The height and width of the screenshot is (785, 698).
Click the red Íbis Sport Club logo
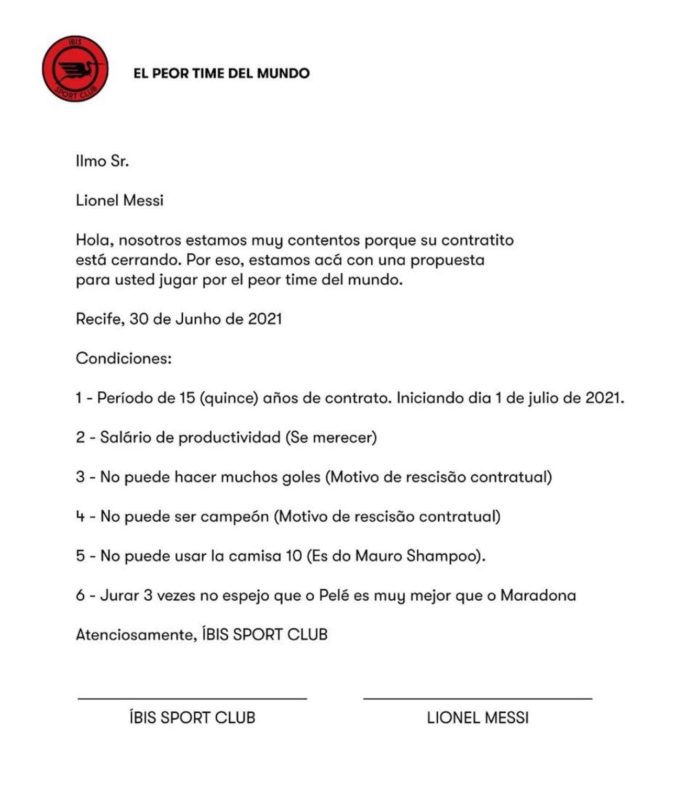pos(75,69)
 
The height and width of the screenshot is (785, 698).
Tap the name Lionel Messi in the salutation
pos(119,200)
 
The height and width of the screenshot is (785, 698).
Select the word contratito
pos(477,240)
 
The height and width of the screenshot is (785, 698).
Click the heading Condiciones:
pos(124,358)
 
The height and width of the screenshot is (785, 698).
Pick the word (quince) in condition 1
pos(229,398)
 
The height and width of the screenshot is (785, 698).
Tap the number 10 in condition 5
pos(294,556)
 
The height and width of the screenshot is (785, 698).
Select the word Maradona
pos(538,596)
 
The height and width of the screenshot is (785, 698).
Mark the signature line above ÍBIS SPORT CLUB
pos(192,698)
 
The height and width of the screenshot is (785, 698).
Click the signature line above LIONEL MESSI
pos(478,698)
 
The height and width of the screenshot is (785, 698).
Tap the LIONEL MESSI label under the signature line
pos(478,717)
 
